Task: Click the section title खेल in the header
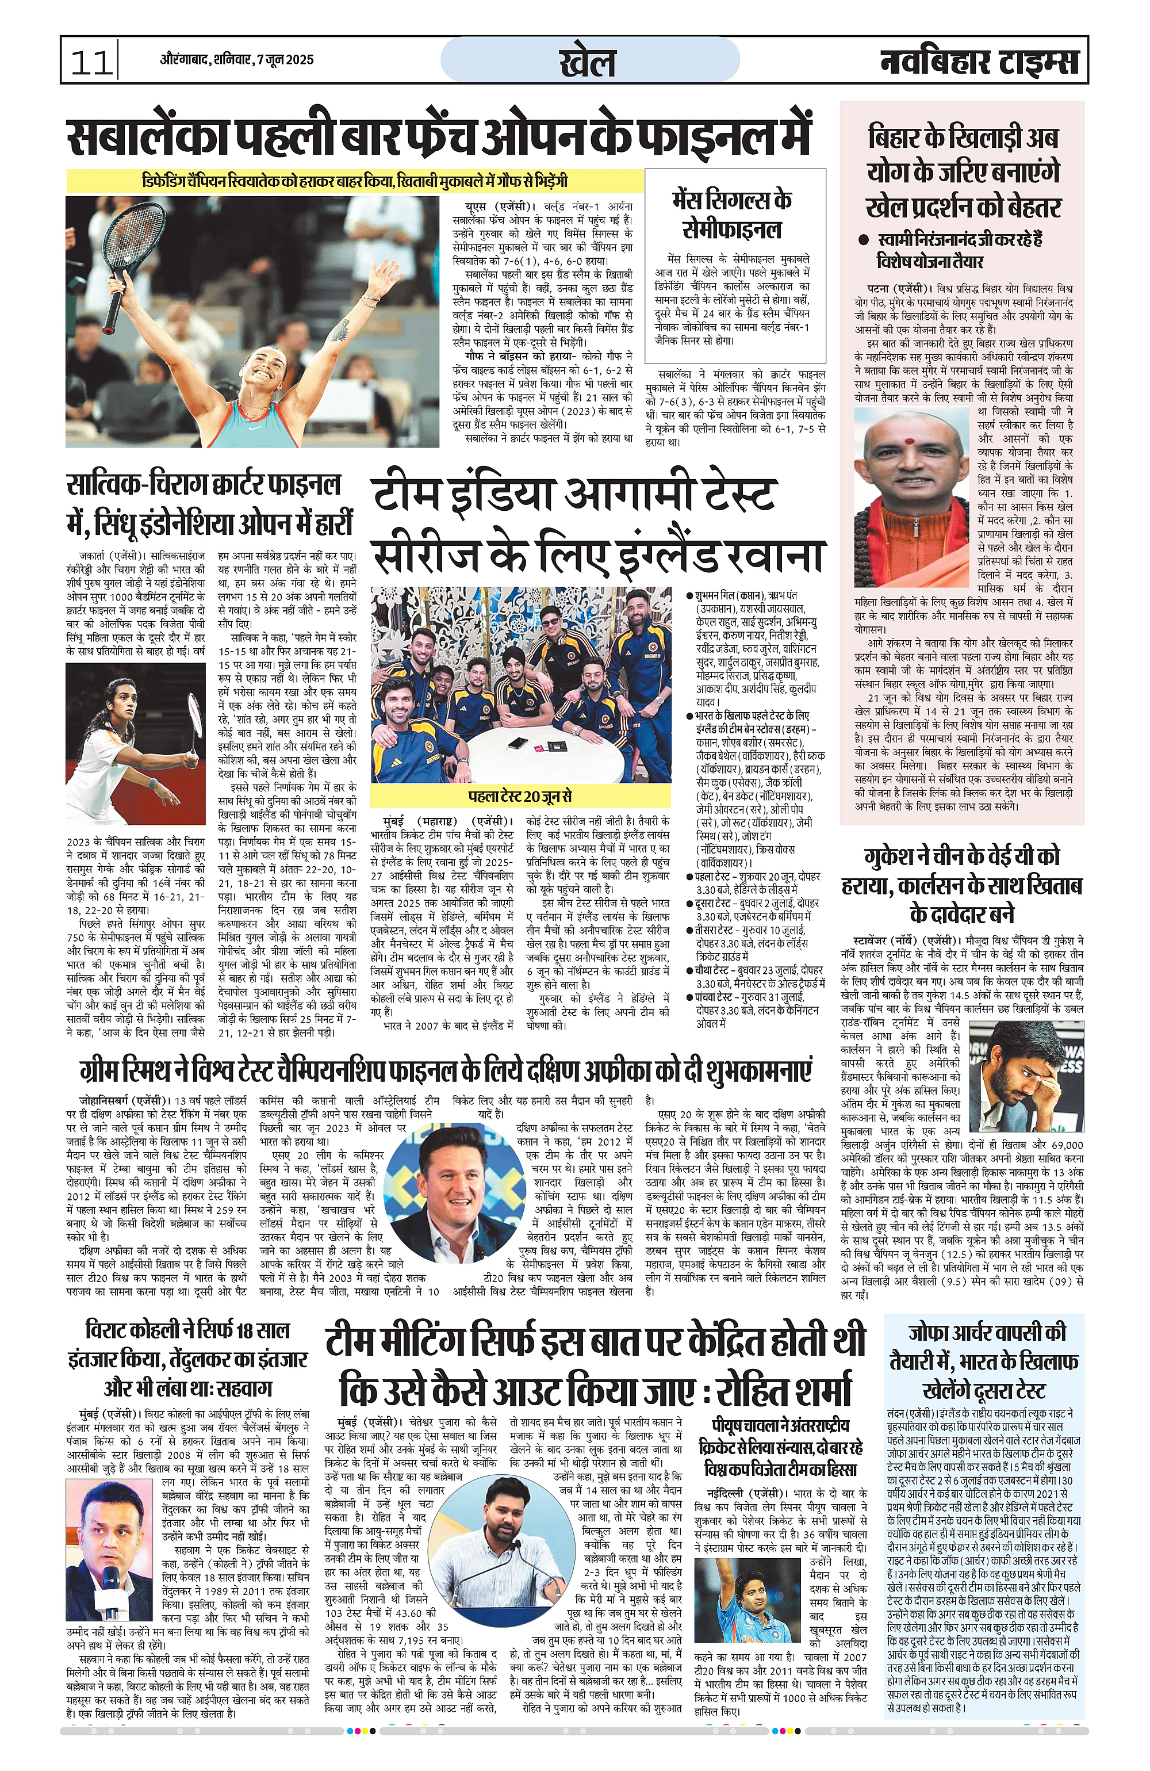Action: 587,62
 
